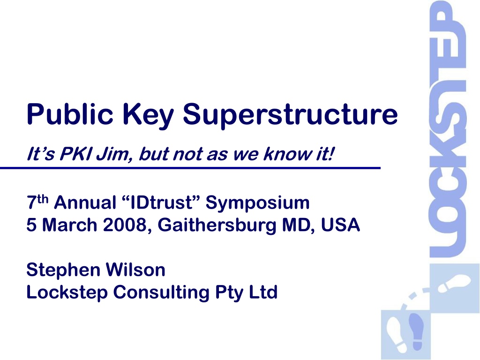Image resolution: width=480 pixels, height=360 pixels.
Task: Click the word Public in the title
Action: tap(70, 114)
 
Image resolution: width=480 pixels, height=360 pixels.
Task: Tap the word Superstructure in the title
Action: tap(290, 115)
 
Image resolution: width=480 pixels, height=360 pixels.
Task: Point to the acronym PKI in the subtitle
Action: tap(75, 154)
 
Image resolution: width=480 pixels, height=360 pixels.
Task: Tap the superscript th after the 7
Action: tap(43, 199)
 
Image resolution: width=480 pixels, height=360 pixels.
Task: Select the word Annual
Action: tap(85, 202)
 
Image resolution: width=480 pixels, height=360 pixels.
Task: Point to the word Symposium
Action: tap(257, 203)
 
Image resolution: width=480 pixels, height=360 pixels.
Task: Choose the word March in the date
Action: tap(69, 225)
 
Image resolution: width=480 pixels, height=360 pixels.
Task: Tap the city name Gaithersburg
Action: tap(217, 225)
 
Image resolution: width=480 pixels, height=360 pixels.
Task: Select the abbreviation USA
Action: tap(340, 225)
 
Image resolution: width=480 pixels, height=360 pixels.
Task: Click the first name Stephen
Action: tap(63, 270)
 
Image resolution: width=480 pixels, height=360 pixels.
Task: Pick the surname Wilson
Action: tap(135, 270)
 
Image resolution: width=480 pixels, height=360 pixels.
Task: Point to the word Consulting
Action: tap(161, 293)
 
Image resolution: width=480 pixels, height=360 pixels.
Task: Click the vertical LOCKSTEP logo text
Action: tap(448, 128)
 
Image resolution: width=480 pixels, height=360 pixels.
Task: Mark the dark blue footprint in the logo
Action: tap(416, 331)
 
